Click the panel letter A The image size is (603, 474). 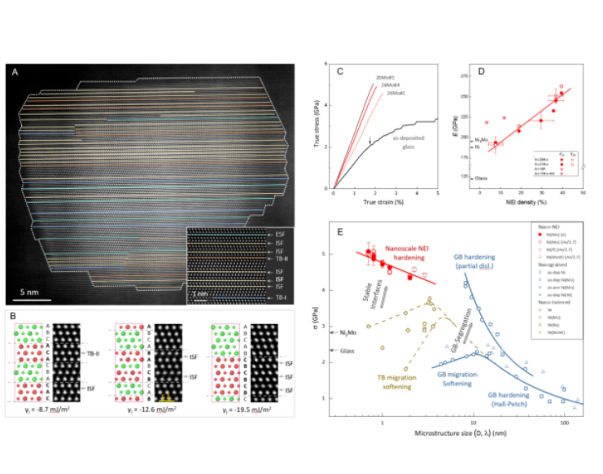pos(15,72)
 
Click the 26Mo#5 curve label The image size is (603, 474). pos(386,78)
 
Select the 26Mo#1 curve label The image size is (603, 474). pos(396,93)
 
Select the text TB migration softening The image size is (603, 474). pos(392,383)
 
